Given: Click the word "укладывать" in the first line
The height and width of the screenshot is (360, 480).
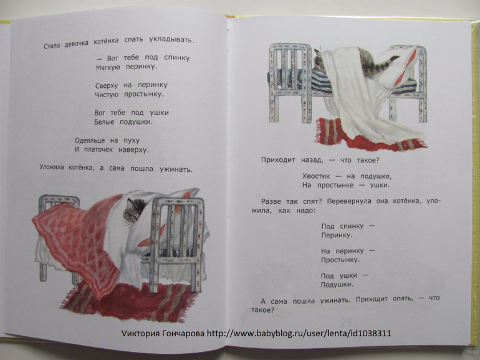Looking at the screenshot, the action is tap(171, 40).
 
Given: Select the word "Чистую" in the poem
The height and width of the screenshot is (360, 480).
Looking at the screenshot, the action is tap(107, 95).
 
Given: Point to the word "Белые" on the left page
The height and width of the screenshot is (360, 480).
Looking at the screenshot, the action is tap(104, 122).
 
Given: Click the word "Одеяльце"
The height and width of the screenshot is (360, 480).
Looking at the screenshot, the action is tap(90, 141).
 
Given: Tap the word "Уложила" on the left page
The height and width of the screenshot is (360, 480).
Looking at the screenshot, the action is tap(51, 168).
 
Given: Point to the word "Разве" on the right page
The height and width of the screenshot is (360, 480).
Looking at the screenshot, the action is tap(270, 201).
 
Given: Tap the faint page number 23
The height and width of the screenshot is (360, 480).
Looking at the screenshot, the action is tap(346, 322).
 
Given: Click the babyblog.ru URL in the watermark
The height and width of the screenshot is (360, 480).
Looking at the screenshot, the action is tap(299, 333).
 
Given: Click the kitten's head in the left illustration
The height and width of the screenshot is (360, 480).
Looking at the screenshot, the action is tap(135, 209).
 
